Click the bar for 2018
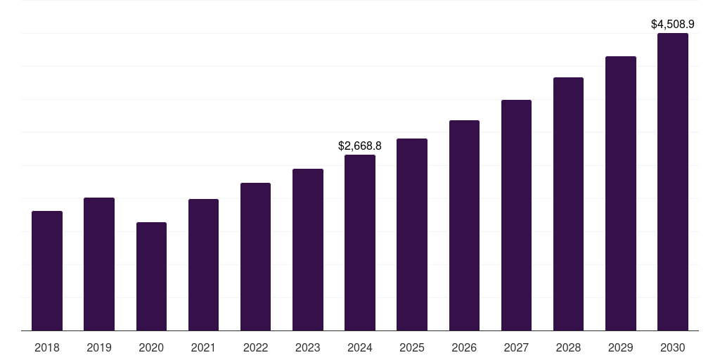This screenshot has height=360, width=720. point(47,271)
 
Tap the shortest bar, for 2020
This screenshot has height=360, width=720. point(151,276)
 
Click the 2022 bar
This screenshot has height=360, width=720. point(255,257)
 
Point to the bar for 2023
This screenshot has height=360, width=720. point(308,250)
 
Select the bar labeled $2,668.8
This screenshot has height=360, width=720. point(360,243)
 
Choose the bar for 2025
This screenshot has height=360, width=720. point(412,234)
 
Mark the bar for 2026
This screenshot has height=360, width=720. point(464,225)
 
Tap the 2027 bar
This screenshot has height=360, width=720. point(516,215)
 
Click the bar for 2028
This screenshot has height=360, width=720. point(568,204)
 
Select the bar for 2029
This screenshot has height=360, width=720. point(621,193)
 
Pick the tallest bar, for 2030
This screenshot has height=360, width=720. point(673,181)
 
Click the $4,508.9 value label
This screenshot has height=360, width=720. point(673,25)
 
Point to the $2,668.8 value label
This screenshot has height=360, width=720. point(360,146)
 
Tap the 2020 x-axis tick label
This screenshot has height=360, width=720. point(151,347)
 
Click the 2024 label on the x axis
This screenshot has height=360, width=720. point(360,347)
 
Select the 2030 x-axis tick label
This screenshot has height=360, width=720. point(673,347)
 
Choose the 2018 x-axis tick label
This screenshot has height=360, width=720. point(47,347)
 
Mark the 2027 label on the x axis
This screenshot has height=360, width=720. point(516,347)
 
